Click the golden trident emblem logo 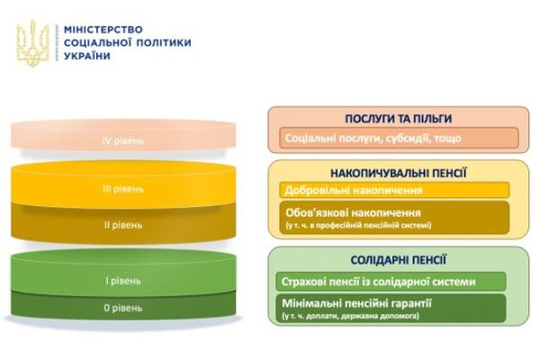coord(33,43)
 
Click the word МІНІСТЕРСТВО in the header coord(103,30)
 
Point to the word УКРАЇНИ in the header coord(87,56)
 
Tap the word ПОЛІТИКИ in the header coord(164,42)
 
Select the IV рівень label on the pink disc coord(123,140)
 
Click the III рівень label coord(123,189)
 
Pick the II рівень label coord(123,225)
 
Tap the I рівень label coord(123,281)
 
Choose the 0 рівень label coord(123,308)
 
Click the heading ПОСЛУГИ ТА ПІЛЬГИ coord(399,119)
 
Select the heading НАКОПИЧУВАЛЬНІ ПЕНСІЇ coord(399,173)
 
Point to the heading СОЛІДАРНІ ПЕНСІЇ coord(399,260)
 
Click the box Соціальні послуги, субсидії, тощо coord(399,138)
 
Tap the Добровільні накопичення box coord(394,190)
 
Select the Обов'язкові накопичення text coord(353,212)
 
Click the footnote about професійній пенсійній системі coord(358,226)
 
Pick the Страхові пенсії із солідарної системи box coord(391,282)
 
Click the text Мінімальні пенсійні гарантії coord(356,303)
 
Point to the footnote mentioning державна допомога coord(351,316)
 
